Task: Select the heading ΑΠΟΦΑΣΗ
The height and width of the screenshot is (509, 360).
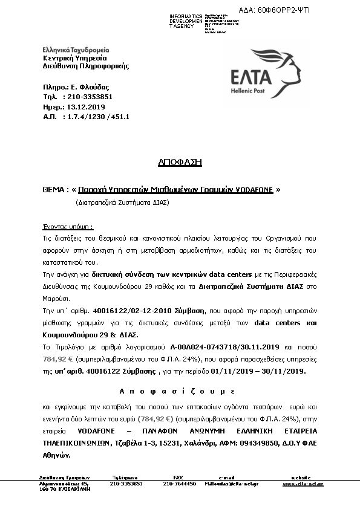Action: click(180, 163)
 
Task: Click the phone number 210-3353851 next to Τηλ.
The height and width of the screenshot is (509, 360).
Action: click(90, 97)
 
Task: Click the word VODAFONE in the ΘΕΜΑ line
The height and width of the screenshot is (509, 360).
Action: click(254, 190)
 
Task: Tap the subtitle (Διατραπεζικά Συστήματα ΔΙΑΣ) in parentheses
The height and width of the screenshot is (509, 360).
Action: click(122, 203)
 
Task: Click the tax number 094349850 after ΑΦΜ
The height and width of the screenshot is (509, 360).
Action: click(254, 443)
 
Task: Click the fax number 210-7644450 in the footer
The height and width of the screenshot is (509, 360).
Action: click(180, 484)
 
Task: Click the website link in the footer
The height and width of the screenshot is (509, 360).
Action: click(303, 484)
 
